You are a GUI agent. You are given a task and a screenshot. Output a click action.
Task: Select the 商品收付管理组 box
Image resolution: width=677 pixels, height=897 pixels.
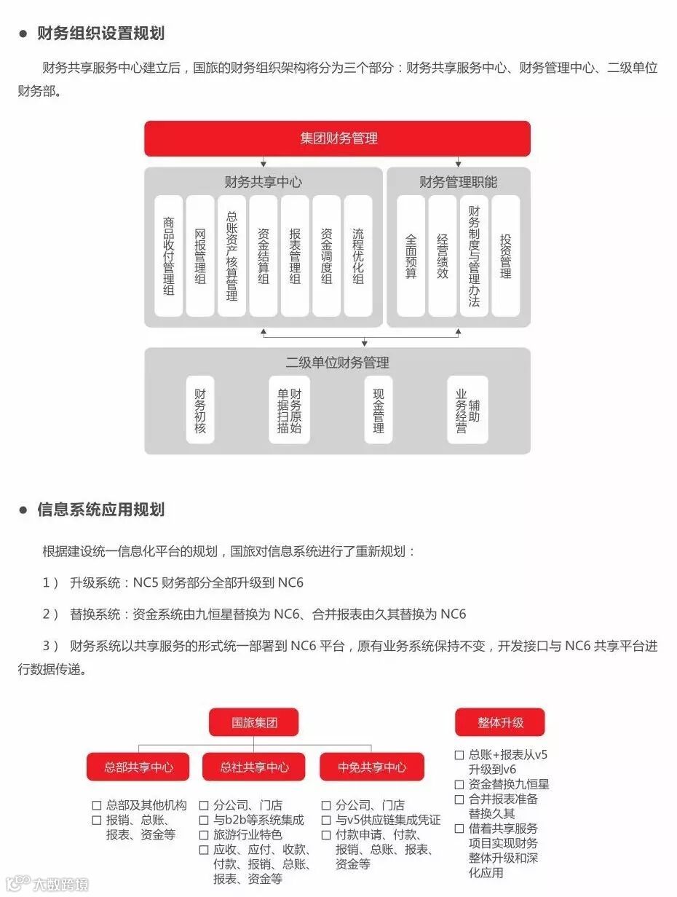click(x=169, y=256)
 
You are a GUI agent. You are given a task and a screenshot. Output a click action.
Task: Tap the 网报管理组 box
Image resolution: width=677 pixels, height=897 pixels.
click(x=200, y=256)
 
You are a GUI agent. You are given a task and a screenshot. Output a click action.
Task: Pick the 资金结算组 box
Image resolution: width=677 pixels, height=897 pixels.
click(x=264, y=256)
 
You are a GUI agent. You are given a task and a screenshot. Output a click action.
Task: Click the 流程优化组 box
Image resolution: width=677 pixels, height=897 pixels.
click(x=357, y=256)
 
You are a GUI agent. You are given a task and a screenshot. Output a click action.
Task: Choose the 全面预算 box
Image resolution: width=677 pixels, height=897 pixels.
click(x=411, y=256)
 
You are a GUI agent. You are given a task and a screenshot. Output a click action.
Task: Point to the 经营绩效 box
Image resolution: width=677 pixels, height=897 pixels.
click(x=443, y=256)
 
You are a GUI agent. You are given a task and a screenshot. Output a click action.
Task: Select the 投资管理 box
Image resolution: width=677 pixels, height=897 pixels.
click(x=505, y=256)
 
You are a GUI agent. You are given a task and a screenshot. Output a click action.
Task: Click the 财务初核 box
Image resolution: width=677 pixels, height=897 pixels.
click(x=200, y=410)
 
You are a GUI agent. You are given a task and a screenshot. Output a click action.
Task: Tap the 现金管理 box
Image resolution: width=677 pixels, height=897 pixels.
click(x=379, y=410)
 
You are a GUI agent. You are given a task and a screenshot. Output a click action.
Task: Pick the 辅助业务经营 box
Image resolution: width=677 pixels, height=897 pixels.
click(x=467, y=410)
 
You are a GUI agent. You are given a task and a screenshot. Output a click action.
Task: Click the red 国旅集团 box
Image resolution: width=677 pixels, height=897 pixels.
click(x=254, y=722)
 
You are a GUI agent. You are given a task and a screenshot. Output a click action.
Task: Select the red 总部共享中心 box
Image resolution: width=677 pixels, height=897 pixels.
click(x=138, y=767)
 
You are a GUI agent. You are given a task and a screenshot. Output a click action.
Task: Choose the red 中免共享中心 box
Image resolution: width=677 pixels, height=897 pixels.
click(x=371, y=767)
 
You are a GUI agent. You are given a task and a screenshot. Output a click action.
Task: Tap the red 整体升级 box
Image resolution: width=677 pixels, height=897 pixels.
click(x=500, y=722)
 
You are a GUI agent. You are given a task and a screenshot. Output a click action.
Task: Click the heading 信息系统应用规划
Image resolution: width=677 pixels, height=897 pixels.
click(x=100, y=510)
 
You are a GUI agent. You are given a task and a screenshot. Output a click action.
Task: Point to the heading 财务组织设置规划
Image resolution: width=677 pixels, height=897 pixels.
click(x=100, y=33)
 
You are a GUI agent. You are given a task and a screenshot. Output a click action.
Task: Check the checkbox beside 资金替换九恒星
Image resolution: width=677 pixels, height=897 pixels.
click(x=459, y=784)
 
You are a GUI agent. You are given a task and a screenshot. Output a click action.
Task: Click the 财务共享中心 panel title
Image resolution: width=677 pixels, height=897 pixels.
click(x=263, y=182)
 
